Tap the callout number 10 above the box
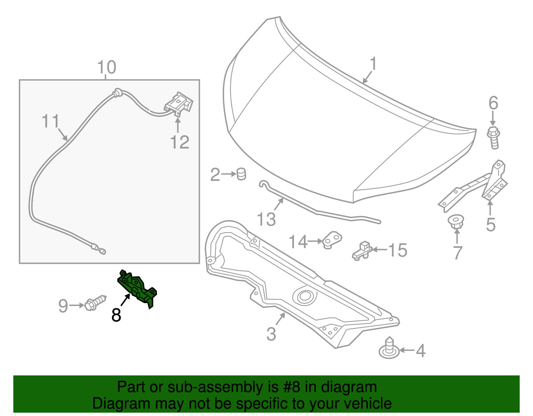(x=107, y=67)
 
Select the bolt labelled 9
(x=95, y=303)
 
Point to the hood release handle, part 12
(x=179, y=103)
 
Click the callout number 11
(x=51, y=121)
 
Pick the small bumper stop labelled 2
(x=241, y=174)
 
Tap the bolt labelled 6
(x=493, y=137)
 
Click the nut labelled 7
(x=456, y=222)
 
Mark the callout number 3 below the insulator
(x=271, y=334)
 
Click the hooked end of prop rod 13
(x=263, y=184)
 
